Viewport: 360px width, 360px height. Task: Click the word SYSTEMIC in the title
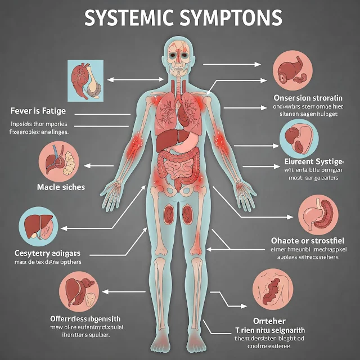tap(130, 18)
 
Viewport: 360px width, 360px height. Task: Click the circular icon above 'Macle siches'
tap(58, 160)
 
